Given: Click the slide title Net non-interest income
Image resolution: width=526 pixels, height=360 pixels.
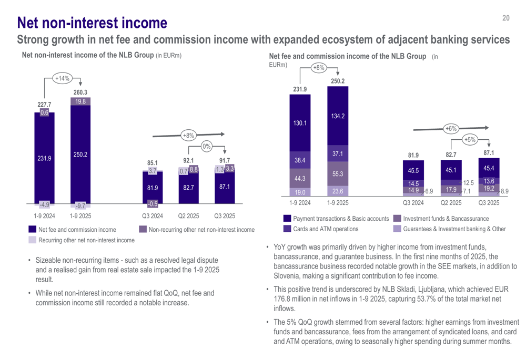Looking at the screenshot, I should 92,23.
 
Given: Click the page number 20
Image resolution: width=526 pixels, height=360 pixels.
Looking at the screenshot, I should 506,18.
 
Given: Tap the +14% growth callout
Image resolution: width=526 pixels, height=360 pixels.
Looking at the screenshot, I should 62,79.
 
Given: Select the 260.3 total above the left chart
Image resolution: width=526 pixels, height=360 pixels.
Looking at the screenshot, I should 80,92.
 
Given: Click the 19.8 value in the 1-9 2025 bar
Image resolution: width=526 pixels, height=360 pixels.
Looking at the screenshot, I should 80,101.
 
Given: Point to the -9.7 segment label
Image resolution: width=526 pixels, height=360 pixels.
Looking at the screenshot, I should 80,205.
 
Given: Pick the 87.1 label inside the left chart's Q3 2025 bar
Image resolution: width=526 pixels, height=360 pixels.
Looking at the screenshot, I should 224,187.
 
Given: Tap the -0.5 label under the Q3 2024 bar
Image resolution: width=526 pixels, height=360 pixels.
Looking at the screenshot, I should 153,204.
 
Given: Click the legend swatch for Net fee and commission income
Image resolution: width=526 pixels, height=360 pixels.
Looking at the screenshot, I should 33,229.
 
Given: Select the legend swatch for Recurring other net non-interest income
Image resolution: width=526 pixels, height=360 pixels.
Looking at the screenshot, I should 33,240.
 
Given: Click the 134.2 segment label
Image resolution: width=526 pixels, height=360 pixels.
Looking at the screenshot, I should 338,116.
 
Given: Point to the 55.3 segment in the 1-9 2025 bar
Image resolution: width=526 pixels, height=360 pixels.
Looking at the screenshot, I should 338,174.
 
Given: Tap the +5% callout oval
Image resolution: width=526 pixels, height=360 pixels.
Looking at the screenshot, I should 470,140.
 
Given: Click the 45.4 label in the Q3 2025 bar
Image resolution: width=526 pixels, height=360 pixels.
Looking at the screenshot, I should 489,168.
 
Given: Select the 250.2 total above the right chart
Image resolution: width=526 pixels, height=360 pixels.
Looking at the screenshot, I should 338,81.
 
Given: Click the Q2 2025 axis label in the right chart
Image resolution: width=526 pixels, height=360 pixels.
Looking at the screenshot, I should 451,203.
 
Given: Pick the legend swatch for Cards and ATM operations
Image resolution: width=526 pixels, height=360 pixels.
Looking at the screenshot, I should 287,229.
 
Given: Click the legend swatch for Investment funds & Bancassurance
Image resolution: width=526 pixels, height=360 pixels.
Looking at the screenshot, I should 397,218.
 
